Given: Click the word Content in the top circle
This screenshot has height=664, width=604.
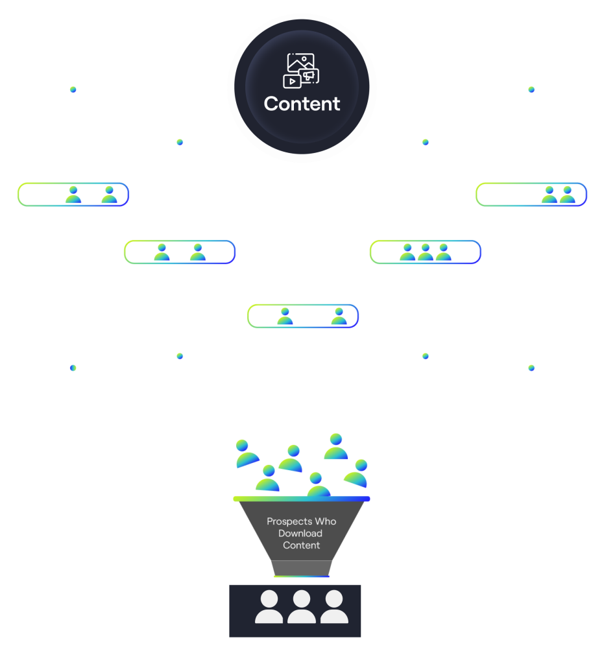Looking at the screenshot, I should (x=302, y=104).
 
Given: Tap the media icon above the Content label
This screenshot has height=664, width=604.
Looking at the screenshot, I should (x=300, y=70).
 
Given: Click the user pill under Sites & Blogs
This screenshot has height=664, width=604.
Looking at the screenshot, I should (x=73, y=195).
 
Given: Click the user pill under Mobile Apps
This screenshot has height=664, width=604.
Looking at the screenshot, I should (x=426, y=252).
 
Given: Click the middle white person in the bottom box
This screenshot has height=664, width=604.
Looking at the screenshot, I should (x=302, y=607).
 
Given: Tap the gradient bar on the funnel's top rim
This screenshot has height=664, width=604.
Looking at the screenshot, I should (x=302, y=499).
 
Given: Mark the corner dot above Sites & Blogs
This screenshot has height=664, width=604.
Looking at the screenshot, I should (x=73, y=89).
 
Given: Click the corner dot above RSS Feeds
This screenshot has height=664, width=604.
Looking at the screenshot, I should (x=531, y=89).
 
